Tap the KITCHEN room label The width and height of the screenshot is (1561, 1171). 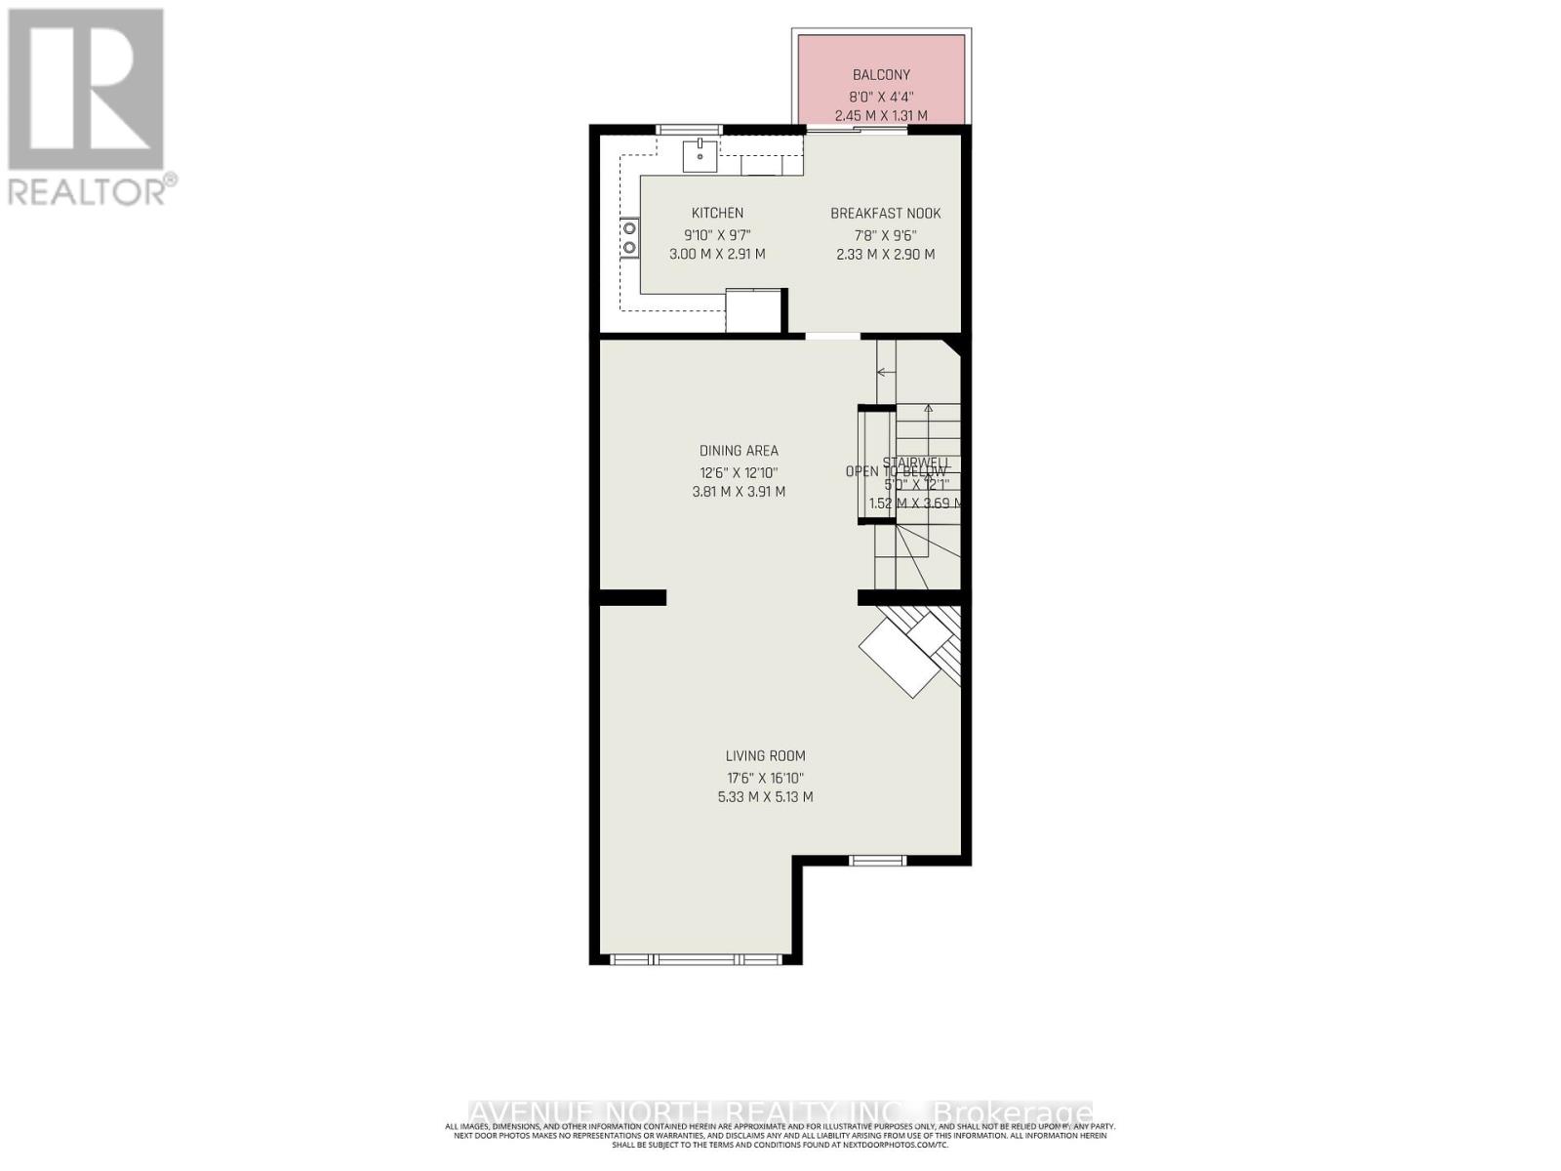tap(717, 213)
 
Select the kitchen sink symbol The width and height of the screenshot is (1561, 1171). tap(700, 155)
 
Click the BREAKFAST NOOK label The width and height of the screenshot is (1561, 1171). tap(885, 213)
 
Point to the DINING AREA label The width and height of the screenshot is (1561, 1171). tap(739, 451)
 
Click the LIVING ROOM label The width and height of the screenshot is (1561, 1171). tap(765, 755)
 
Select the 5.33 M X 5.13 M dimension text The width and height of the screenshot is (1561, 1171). tap(765, 796)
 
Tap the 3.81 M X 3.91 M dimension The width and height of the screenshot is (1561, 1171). tap(739, 492)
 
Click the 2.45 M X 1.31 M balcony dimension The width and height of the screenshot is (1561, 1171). tap(881, 115)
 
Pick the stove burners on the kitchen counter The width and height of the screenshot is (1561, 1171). tap(630, 237)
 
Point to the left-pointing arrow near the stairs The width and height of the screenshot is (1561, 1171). tap(886, 372)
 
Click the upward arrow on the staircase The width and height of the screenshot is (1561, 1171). tap(928, 412)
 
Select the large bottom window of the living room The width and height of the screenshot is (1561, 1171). tap(696, 959)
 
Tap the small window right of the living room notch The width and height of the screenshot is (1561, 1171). tap(876, 860)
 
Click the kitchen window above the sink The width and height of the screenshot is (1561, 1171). tap(689, 130)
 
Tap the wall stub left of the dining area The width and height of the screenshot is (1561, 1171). tap(632, 597)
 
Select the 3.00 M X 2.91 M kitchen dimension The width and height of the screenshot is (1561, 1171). tap(717, 254)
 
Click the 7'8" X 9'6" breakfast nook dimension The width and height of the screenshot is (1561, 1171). tap(885, 234)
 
